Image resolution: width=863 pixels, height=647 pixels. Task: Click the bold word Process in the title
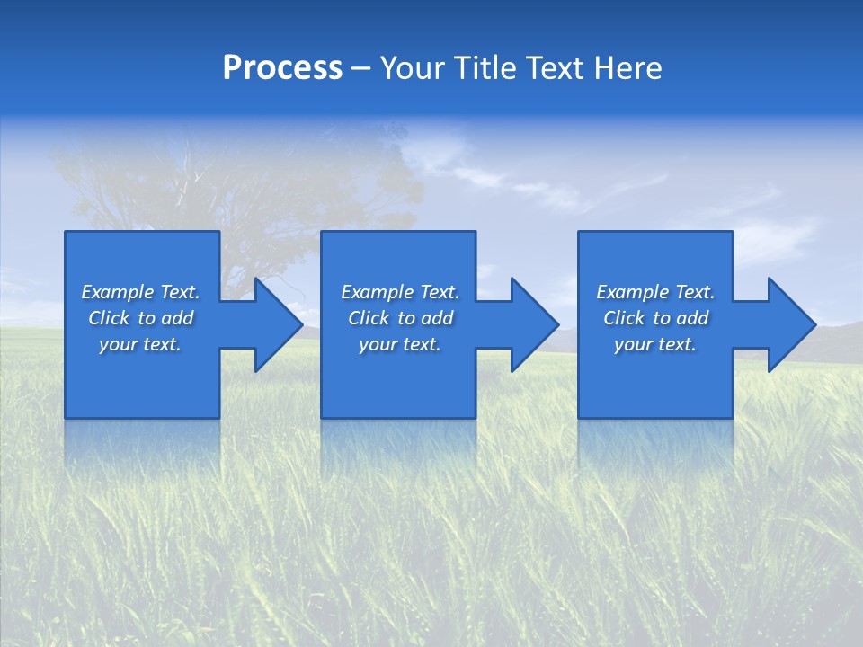tap(282, 68)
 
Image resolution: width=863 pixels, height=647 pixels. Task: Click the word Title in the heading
tap(482, 68)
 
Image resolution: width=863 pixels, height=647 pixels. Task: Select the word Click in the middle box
tap(368, 318)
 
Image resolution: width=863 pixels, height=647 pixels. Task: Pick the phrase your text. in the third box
tap(654, 344)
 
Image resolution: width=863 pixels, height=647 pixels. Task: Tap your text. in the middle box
tap(399, 344)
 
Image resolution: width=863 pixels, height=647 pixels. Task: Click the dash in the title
tap(360, 68)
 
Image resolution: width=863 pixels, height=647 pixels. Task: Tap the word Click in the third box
tap(624, 318)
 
